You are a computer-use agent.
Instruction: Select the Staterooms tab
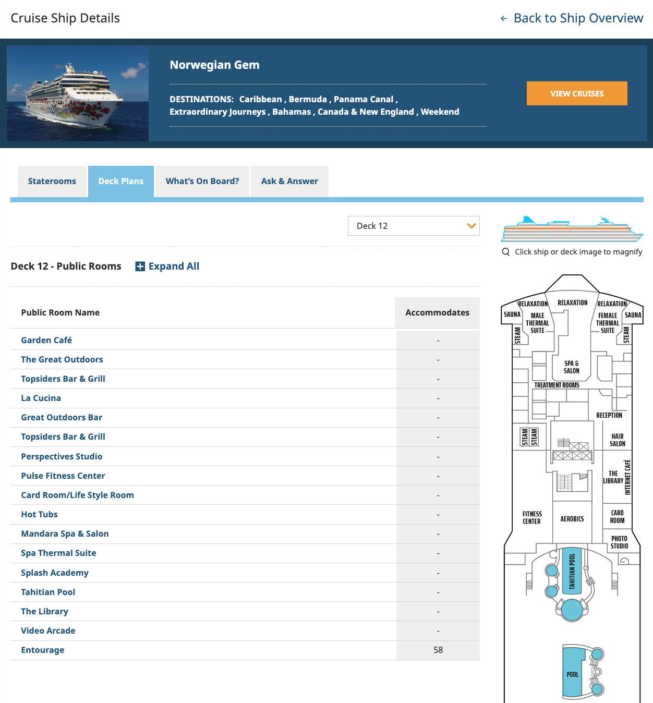[x=52, y=181]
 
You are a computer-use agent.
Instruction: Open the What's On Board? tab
[x=202, y=181]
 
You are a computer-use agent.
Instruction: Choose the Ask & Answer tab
[x=289, y=181]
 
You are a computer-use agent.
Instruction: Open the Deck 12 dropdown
[x=414, y=226]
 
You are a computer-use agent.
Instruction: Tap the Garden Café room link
[x=46, y=340]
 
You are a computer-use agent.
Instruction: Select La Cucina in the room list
[x=41, y=398]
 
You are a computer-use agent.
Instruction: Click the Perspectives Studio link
[x=62, y=456]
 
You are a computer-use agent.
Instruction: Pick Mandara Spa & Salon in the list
[x=65, y=534]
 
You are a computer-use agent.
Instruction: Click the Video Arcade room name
[x=48, y=631]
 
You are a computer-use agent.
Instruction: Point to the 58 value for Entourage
[x=438, y=650]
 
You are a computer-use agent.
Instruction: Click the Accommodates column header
[x=437, y=312]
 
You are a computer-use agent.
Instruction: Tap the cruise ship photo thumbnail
[x=78, y=93]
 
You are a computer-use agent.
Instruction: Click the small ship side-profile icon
[x=572, y=229]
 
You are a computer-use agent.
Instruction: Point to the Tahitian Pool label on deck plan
[x=572, y=571]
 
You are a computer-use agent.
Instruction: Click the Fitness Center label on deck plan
[x=532, y=517]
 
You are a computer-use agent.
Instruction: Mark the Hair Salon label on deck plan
[x=618, y=440]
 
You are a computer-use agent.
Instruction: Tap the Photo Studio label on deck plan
[x=619, y=542]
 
